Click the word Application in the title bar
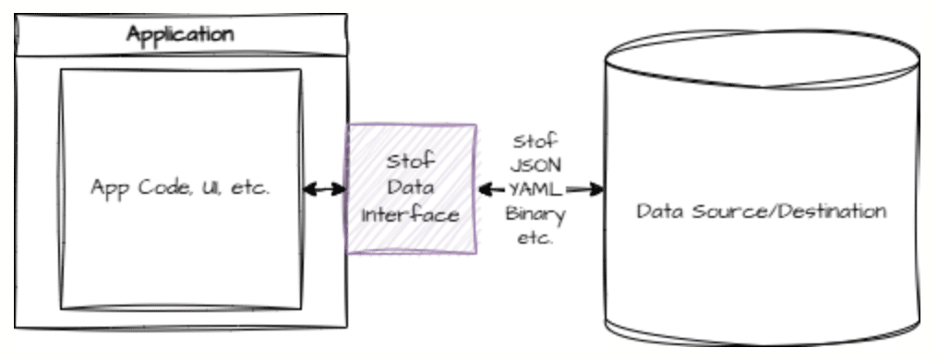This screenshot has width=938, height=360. (180, 35)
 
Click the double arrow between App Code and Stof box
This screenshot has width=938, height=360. (325, 189)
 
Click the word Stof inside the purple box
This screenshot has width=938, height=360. (411, 161)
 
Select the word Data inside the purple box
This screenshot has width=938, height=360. (410, 187)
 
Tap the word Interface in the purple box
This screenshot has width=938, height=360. (410, 214)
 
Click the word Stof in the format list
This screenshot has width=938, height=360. (535, 142)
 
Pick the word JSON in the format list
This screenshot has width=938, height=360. (535, 165)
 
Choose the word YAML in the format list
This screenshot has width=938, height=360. (535, 189)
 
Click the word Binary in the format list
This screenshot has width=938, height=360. (535, 215)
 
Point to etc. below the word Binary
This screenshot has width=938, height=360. (535, 238)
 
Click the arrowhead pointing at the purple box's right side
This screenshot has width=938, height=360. (487, 189)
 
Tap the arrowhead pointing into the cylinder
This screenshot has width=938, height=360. (595, 189)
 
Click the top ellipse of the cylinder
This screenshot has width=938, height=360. (763, 30)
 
